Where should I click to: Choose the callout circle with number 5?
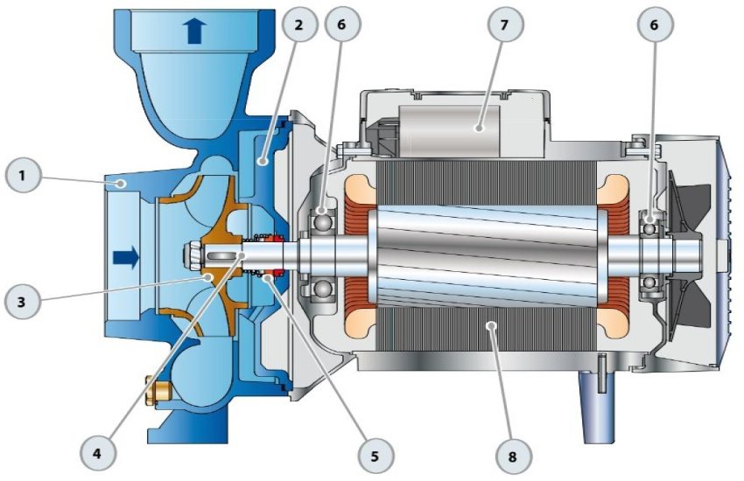click(x=373, y=455)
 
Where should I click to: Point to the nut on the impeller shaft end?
click(x=191, y=257)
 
